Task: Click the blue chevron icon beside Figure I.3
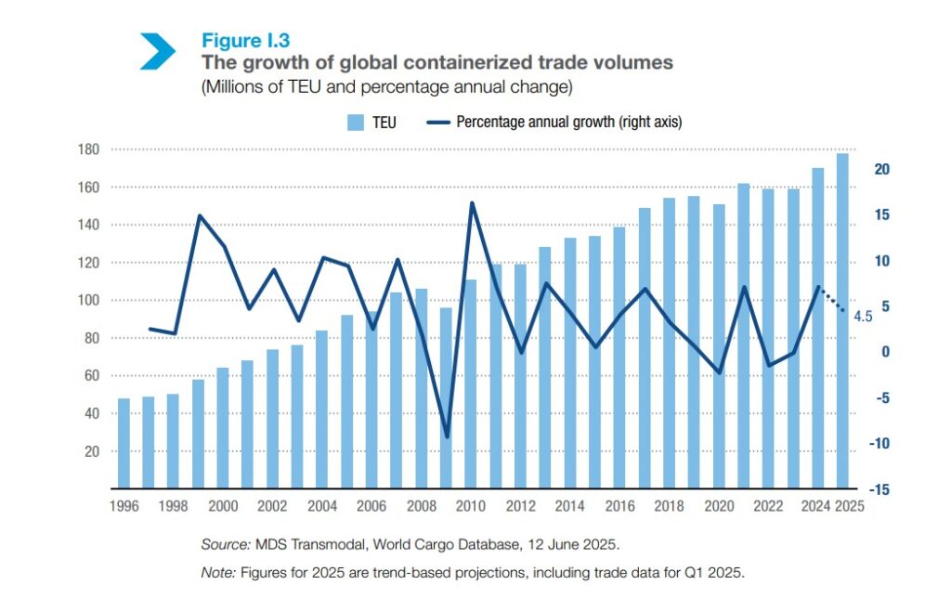tap(157, 51)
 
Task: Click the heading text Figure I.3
tap(245, 40)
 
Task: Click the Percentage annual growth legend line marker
tap(437, 122)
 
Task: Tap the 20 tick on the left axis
tap(92, 451)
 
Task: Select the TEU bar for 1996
tap(124, 443)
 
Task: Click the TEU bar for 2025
tap(842, 320)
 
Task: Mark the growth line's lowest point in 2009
tap(446, 436)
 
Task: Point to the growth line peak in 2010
tap(471, 203)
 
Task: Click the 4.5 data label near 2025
tap(863, 317)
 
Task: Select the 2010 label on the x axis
tap(471, 506)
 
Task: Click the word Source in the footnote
tap(221, 543)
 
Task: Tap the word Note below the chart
tap(217, 572)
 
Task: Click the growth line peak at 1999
tap(199, 215)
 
